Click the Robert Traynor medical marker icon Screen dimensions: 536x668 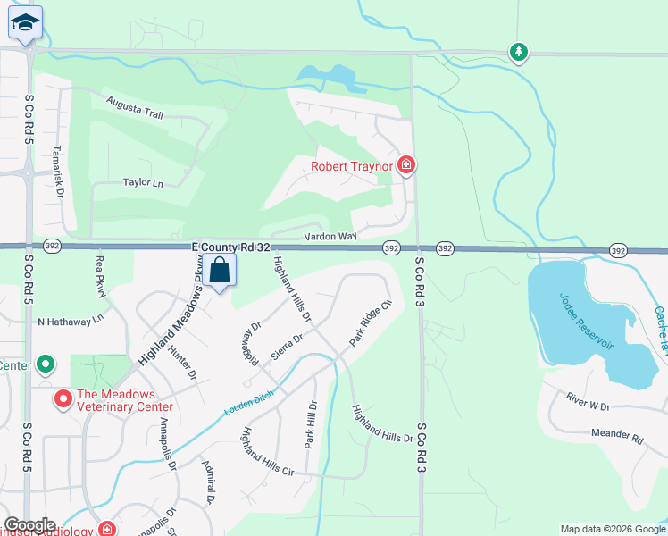pos(405,165)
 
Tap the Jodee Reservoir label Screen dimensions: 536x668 pos(587,319)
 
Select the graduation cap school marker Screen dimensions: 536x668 pos(26,24)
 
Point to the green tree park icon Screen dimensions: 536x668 pos(519,53)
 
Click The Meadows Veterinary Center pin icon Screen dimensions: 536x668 pos(63,399)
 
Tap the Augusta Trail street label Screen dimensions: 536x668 pos(135,108)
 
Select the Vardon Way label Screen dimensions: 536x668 pos(330,237)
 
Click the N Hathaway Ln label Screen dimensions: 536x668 pos(71,318)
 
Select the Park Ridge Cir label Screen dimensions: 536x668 pos(371,322)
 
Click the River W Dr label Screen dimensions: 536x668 pos(588,406)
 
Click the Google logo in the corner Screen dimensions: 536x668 pos(29,525)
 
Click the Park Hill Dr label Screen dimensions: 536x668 pos(311,424)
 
